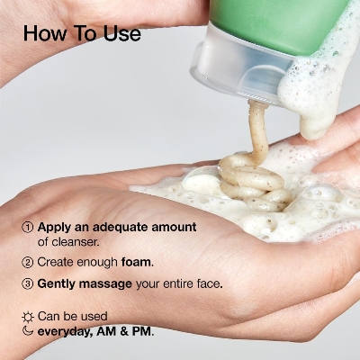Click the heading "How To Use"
click(x=82, y=34)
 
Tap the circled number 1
click(x=27, y=227)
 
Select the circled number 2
click(x=27, y=262)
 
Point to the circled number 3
click(x=27, y=283)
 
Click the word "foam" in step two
click(x=137, y=262)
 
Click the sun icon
click(x=27, y=316)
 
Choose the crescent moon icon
click(x=27, y=330)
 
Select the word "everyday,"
click(x=67, y=331)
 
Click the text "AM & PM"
click(x=126, y=331)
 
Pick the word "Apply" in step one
click(x=55, y=227)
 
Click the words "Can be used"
click(x=72, y=316)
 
